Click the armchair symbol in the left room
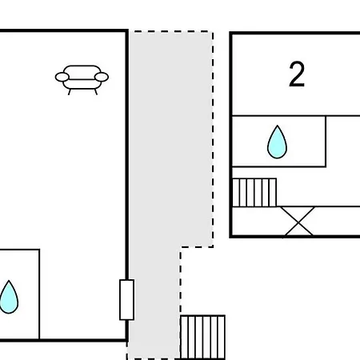[82, 79]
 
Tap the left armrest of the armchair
[62, 77]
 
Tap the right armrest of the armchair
[102, 77]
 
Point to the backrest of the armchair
[82, 72]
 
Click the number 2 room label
[297, 74]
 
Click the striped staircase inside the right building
[254, 193]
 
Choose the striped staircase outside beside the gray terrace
[202, 338]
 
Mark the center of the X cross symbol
[298, 222]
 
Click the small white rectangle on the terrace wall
[126, 300]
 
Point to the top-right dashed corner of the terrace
[213, 31]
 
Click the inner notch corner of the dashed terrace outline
[181, 247]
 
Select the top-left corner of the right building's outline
[230, 33]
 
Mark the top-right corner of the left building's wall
[127, 31]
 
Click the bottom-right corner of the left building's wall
[127, 340]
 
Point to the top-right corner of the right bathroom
[326, 116]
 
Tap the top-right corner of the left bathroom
[39, 250]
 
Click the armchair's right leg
[96, 92]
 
